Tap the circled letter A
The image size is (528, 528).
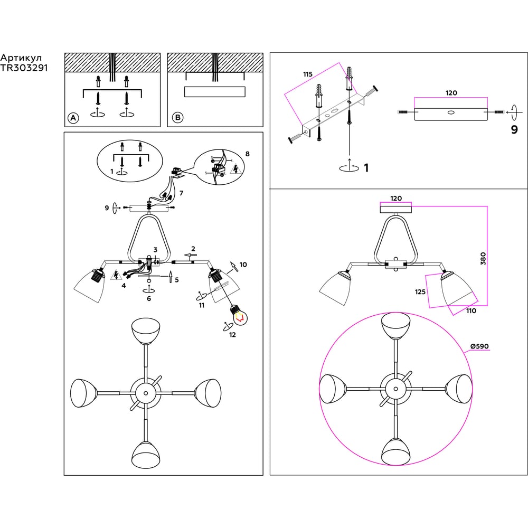pyautogui.click(x=73, y=118)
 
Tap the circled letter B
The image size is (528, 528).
pyautogui.click(x=177, y=117)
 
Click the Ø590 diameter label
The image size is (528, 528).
pyautogui.click(x=479, y=346)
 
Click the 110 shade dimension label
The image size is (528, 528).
pyautogui.click(x=470, y=311)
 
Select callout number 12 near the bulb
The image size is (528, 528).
pyautogui.click(x=232, y=335)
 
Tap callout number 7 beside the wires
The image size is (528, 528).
pyautogui.click(x=181, y=193)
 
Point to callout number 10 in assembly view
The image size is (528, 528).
pyautogui.click(x=243, y=264)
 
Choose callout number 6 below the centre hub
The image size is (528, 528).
pyautogui.click(x=149, y=298)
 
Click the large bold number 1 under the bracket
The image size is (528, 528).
pyautogui.click(x=365, y=168)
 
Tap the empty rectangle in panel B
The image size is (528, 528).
pyautogui.click(x=214, y=92)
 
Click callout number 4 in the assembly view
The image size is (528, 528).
pyautogui.click(x=123, y=286)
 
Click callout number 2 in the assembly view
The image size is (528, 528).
pyautogui.click(x=193, y=248)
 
